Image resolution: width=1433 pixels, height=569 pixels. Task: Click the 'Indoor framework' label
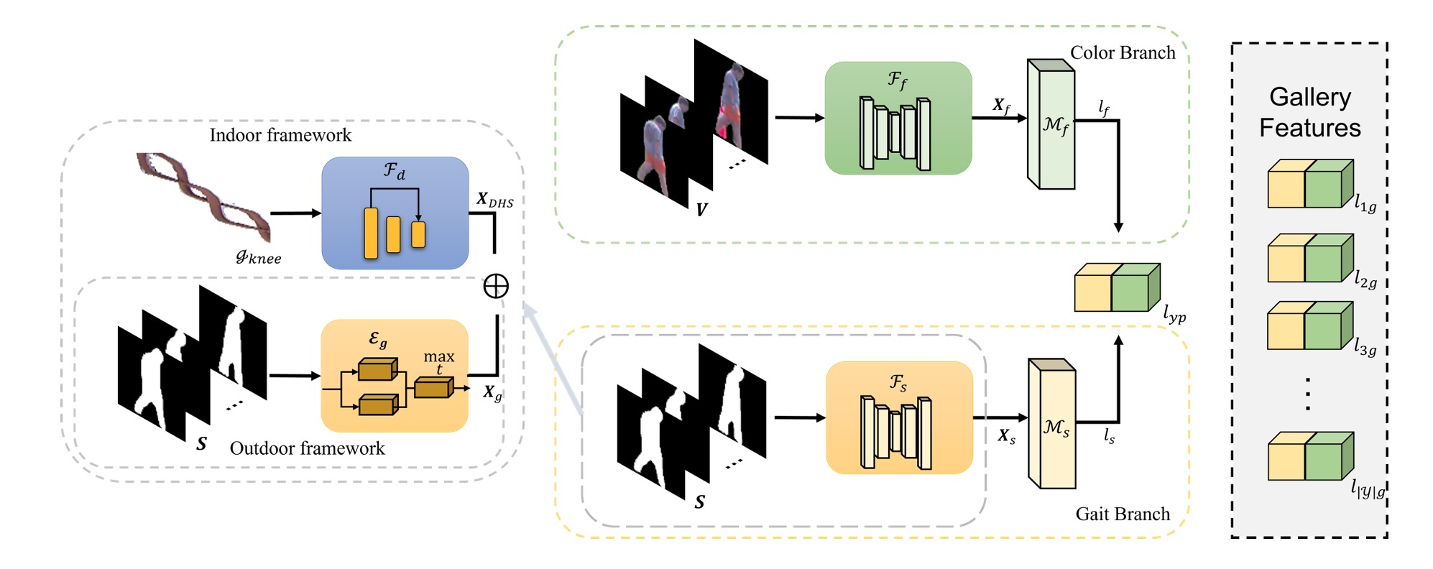click(280, 135)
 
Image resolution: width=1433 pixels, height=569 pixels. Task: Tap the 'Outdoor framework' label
click(307, 448)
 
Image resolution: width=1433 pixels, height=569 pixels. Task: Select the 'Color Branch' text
click(1123, 52)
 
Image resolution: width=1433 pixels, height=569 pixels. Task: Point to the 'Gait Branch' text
click(1123, 514)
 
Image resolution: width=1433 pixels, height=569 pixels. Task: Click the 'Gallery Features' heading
click(1309, 112)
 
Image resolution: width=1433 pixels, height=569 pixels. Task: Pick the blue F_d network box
click(395, 213)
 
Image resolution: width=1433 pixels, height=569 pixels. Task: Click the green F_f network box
click(898, 118)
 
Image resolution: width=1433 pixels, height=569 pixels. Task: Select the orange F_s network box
click(899, 417)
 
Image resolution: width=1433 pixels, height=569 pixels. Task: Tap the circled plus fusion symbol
click(496, 286)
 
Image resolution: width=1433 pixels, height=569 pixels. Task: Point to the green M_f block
click(1051, 124)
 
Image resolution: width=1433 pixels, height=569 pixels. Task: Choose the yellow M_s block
click(1052, 425)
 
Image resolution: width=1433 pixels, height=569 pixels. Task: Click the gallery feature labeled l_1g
click(1309, 184)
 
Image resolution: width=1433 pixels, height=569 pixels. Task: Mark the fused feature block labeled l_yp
click(1116, 287)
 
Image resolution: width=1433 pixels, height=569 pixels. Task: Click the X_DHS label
click(494, 200)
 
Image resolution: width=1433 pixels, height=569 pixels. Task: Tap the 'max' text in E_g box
click(438, 356)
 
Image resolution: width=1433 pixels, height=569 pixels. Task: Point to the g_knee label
click(258, 256)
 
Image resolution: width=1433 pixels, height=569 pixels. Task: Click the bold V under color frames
click(701, 209)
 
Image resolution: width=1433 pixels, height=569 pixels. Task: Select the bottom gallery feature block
click(1309, 456)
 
